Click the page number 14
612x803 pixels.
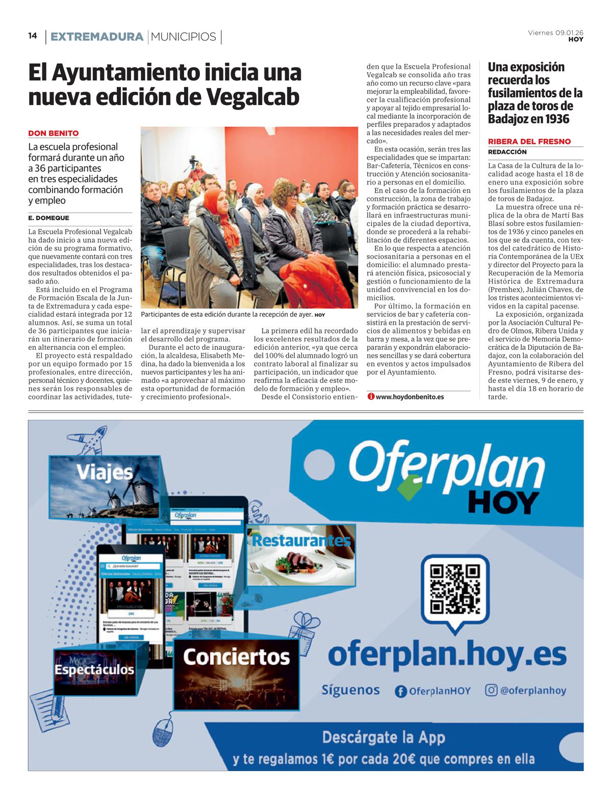click(x=33, y=36)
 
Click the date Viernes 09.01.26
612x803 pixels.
click(x=555, y=33)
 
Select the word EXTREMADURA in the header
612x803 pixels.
click(x=97, y=37)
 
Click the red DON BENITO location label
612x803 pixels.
click(x=53, y=134)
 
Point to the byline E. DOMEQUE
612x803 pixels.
click(x=48, y=218)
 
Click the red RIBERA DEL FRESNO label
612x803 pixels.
click(x=529, y=142)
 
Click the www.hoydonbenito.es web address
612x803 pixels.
click(x=409, y=397)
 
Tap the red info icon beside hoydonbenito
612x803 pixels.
click(x=371, y=397)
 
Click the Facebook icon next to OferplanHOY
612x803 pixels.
click(x=401, y=691)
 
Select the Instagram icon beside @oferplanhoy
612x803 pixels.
click(x=491, y=690)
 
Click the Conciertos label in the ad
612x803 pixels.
click(x=236, y=657)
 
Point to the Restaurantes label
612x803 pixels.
click(x=301, y=540)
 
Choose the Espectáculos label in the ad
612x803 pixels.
click(x=94, y=669)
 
